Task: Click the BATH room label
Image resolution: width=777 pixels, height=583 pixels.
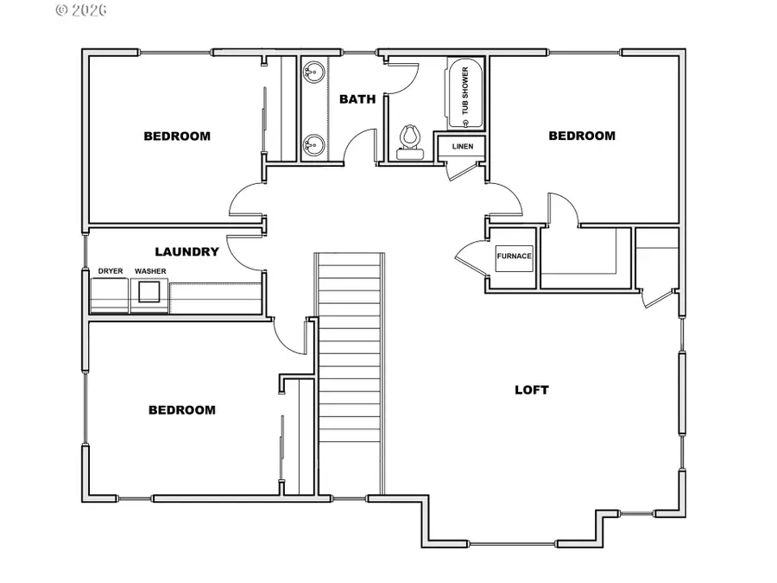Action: pyautogui.click(x=357, y=99)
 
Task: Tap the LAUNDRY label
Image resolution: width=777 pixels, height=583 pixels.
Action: pyautogui.click(x=186, y=252)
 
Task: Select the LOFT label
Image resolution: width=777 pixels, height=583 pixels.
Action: pyautogui.click(x=532, y=390)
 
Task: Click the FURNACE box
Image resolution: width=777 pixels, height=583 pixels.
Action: pyautogui.click(x=515, y=258)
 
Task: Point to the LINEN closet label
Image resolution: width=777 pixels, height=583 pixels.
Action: pyautogui.click(x=463, y=146)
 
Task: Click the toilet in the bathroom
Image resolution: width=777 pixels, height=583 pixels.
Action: pyautogui.click(x=410, y=143)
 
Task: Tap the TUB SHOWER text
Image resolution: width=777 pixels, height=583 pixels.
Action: pyautogui.click(x=464, y=91)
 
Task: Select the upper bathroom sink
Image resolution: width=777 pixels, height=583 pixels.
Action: pyautogui.click(x=313, y=73)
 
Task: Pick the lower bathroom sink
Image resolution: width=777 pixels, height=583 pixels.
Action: pyautogui.click(x=313, y=145)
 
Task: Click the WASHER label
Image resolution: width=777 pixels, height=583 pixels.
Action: pyautogui.click(x=150, y=271)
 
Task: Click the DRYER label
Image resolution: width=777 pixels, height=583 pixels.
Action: pyautogui.click(x=111, y=271)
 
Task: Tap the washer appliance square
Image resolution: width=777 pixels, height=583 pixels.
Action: pyautogui.click(x=149, y=292)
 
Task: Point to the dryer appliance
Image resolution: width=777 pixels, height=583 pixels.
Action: pyautogui.click(x=110, y=296)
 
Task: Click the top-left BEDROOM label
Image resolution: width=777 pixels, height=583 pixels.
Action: pyautogui.click(x=177, y=136)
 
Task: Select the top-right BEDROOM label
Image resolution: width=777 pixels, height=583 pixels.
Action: pyautogui.click(x=582, y=136)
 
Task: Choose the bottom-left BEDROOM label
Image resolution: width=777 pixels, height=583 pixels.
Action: pyautogui.click(x=182, y=410)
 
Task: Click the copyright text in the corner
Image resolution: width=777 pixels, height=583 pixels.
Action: pyautogui.click(x=81, y=10)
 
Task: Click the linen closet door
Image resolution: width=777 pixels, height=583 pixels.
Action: pyautogui.click(x=461, y=170)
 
